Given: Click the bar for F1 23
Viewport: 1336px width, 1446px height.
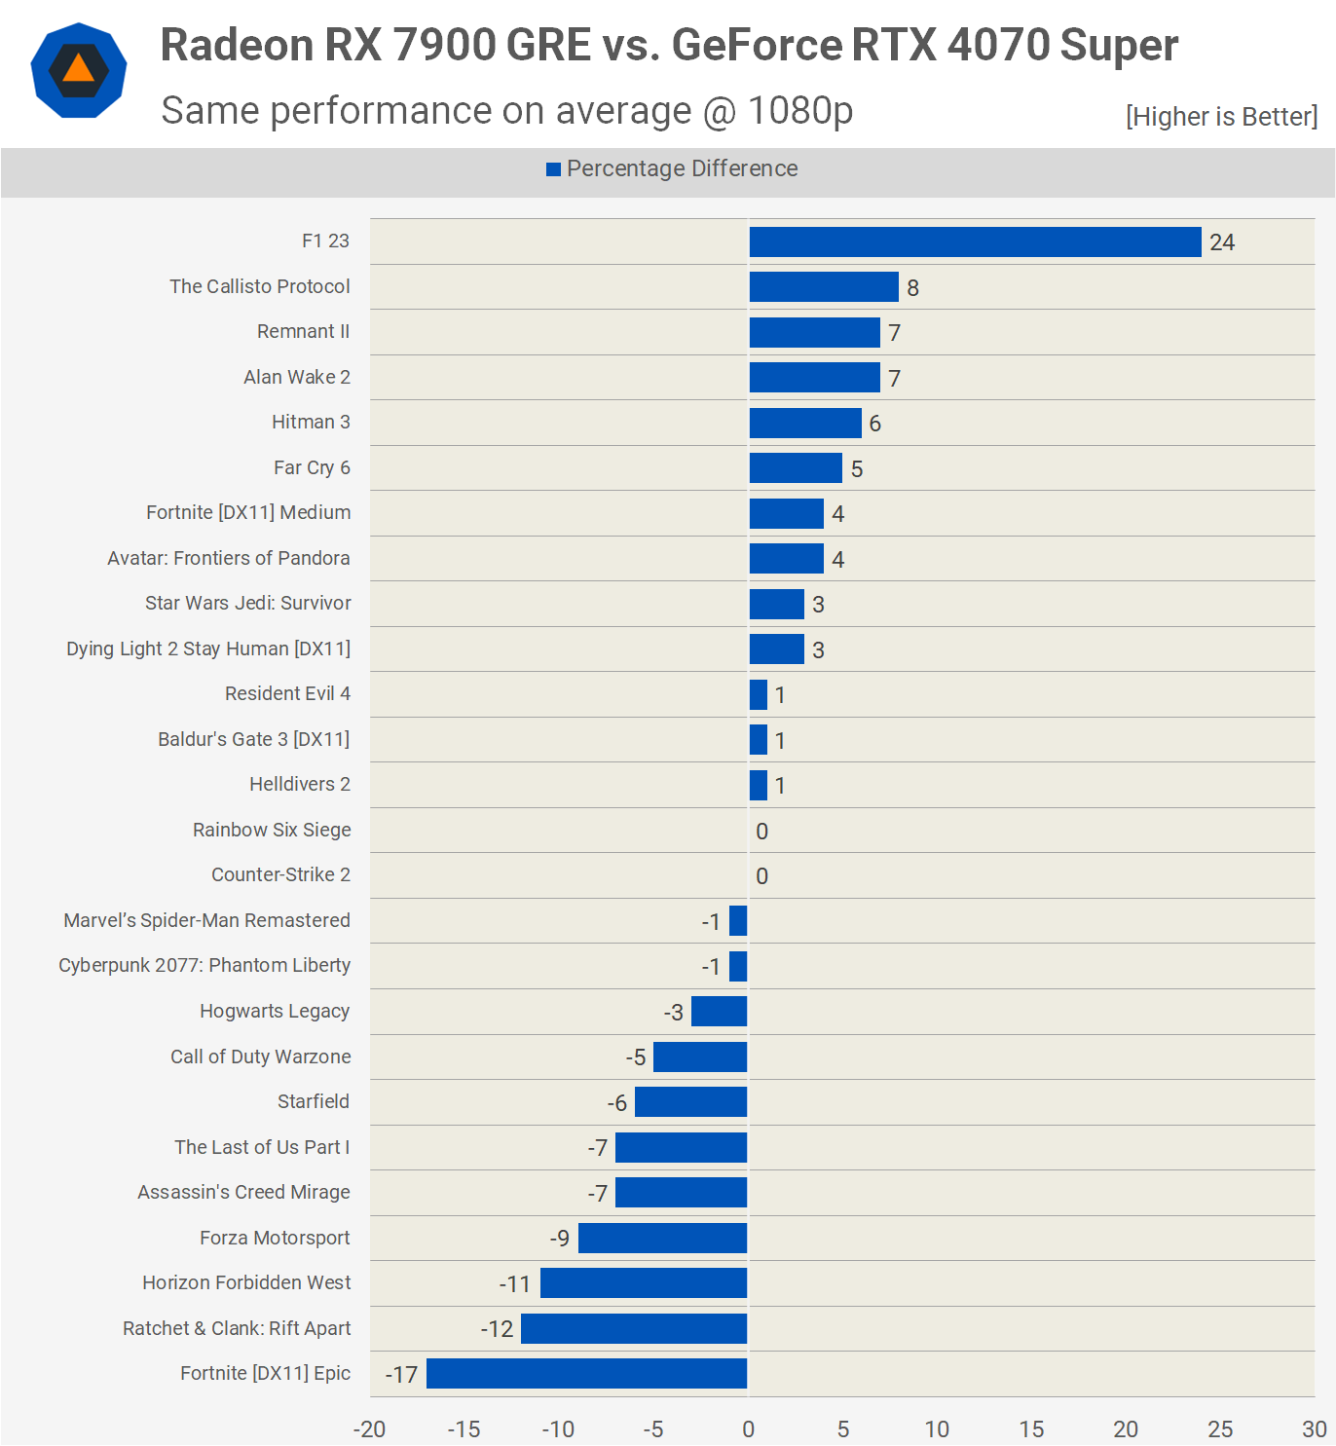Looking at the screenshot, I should pyautogui.click(x=975, y=242).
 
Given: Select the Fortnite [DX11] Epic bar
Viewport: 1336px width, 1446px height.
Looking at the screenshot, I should pyautogui.click(x=586, y=1374).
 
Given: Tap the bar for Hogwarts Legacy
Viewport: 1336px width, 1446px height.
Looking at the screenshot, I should pyautogui.click(x=719, y=1012).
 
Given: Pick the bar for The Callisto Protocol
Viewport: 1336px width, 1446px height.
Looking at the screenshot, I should pyautogui.click(x=824, y=287).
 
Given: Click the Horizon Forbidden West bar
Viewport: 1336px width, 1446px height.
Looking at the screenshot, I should pyautogui.click(x=644, y=1283).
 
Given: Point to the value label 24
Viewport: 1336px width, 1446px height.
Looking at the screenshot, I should pyautogui.click(x=1222, y=242).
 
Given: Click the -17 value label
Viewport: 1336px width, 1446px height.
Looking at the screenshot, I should pyautogui.click(x=401, y=1375).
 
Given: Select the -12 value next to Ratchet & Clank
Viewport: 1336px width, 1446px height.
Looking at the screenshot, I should pyautogui.click(x=497, y=1329).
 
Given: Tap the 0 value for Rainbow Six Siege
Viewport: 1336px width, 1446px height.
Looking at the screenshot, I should pyautogui.click(x=761, y=832).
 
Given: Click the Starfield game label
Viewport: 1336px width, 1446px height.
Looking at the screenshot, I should pyautogui.click(x=313, y=1101).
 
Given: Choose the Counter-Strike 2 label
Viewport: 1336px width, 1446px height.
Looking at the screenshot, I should pyautogui.click(x=280, y=874).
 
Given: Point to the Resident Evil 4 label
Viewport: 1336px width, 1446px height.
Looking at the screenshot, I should pyautogui.click(x=287, y=693).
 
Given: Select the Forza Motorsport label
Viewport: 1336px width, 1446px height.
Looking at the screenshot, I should pyautogui.click(x=275, y=1238).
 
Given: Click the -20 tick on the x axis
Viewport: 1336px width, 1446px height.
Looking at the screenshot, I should pyautogui.click(x=369, y=1429).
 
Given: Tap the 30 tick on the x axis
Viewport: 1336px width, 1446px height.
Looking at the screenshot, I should pyautogui.click(x=1314, y=1429).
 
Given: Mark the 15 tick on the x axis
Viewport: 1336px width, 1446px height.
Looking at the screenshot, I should pyautogui.click(x=1031, y=1429).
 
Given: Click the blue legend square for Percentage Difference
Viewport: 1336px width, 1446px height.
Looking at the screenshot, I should pyautogui.click(x=553, y=169).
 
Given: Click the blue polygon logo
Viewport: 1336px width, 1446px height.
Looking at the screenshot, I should pyautogui.click(x=79, y=70).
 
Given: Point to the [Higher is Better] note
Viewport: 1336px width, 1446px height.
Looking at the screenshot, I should pyautogui.click(x=1221, y=117).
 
